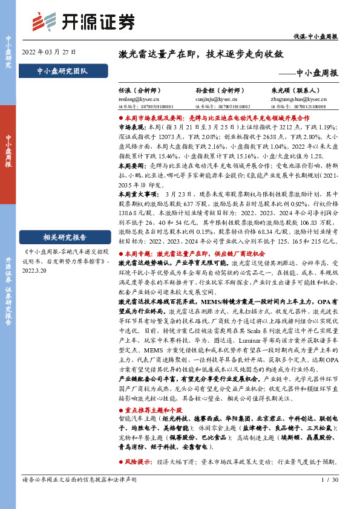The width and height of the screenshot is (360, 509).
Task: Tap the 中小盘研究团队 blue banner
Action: [63, 71]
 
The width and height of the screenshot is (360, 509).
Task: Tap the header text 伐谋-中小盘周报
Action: [319, 37]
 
